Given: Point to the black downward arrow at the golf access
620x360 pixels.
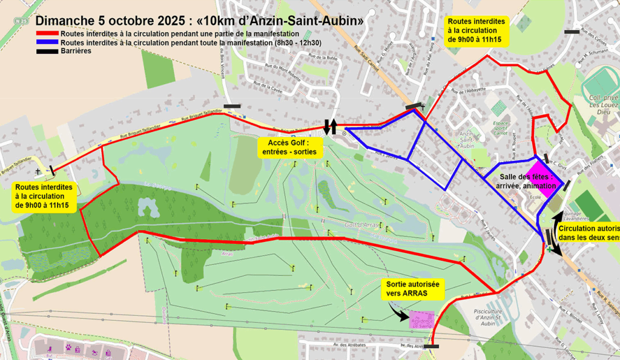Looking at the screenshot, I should (x=326, y=126).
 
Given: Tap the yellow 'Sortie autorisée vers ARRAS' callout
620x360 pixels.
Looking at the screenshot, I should (x=413, y=289).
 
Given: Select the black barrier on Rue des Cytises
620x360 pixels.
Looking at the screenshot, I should (x=571, y=32).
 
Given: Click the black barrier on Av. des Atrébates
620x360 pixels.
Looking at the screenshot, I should (x=432, y=347).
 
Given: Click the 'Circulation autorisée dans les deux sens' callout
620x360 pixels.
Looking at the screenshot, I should (x=587, y=234).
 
